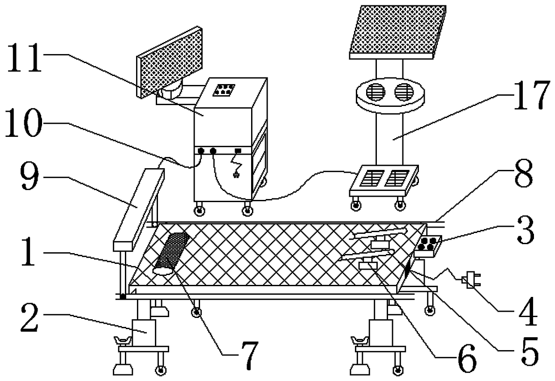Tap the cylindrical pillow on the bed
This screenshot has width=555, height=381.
[171, 253]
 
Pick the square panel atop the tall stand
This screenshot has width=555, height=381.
[397, 31]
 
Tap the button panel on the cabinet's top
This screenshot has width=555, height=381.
[222, 90]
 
